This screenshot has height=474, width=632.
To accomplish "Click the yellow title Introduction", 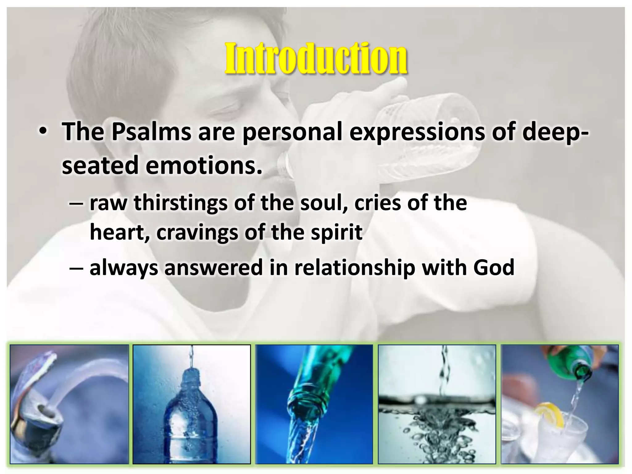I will coord(316,58).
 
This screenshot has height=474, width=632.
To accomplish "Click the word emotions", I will coord(204,165).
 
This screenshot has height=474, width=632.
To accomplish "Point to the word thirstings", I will coord(181,203).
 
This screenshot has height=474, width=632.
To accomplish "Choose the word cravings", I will coord(197,233).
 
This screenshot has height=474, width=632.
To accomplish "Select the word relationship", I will coord(355,268).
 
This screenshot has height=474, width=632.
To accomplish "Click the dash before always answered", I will coord(76,268).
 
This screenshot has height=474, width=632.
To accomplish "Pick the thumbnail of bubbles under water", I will coord(437,404).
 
